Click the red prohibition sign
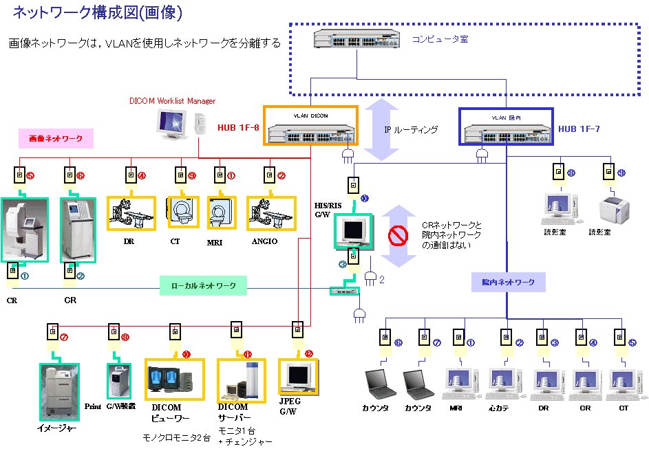(398, 236)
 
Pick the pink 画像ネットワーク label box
(56, 139)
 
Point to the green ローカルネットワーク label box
(203, 285)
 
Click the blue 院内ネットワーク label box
(509, 282)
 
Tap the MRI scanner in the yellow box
(222, 213)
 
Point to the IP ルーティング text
(411, 129)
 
